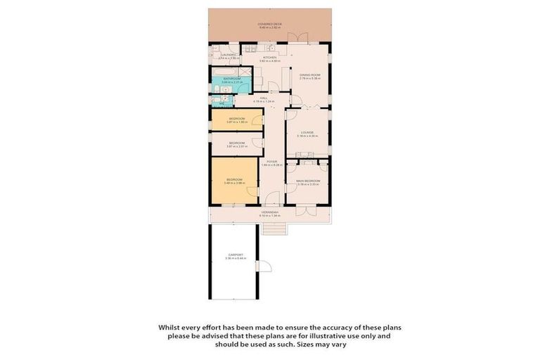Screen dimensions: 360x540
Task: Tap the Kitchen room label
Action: click(x=270, y=58)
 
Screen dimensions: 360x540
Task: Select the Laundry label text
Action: click(x=227, y=54)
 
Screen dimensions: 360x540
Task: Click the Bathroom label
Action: click(x=232, y=79)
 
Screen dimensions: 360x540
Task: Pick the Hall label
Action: click(x=264, y=98)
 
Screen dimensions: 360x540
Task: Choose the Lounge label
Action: click(x=307, y=132)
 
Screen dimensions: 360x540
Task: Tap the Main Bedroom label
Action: click(x=309, y=181)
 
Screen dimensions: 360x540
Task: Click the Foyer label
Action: click(x=271, y=162)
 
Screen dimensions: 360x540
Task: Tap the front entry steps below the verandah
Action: click(x=274, y=228)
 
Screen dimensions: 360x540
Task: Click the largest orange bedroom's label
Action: click(x=233, y=181)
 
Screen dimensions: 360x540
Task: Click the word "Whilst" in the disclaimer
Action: click(x=167, y=327)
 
